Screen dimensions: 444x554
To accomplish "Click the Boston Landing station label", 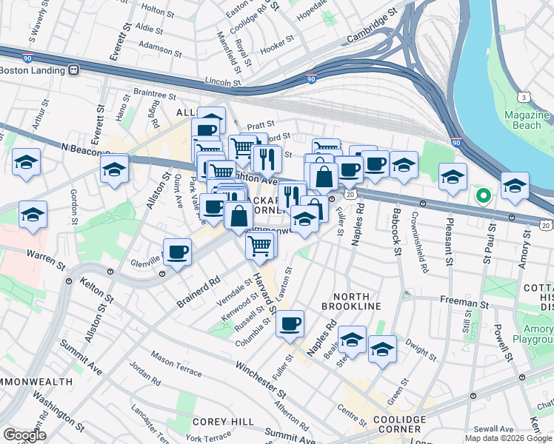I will tap(33, 70).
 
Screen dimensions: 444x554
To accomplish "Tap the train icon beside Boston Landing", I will tap(74, 70).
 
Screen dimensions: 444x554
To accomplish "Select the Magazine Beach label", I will tap(527, 121).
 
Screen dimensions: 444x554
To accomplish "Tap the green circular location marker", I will tap(484, 196).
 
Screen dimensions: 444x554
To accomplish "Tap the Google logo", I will tap(24, 435).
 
